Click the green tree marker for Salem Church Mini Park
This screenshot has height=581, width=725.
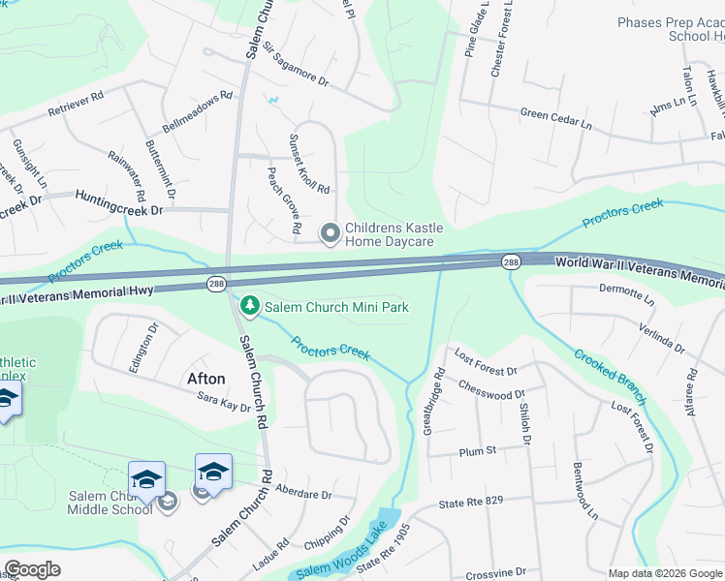(250, 307)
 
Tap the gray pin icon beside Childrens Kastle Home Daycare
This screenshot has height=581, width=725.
(330, 232)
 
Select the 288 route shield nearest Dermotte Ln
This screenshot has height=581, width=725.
(511, 262)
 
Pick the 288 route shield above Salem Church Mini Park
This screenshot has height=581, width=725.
(217, 283)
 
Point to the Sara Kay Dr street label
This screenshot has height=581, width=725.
(223, 404)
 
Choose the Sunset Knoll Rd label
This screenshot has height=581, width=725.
(308, 164)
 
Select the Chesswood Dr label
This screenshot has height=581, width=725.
(491, 393)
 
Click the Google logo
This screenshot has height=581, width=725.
(32, 569)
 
